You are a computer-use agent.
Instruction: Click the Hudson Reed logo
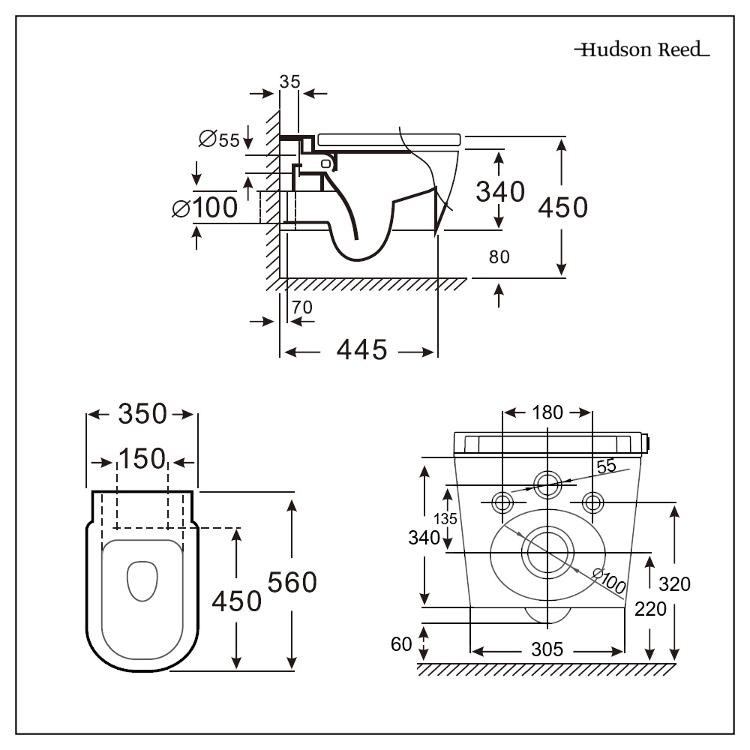[x=642, y=50]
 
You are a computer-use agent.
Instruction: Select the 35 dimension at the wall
[x=289, y=82]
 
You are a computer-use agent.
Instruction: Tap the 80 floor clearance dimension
[x=499, y=257]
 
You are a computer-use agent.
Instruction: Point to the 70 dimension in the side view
[x=302, y=307]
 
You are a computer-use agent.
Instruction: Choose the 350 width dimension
[x=142, y=414]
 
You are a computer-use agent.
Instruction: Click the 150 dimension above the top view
[x=142, y=458]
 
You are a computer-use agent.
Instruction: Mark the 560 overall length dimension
[x=292, y=582]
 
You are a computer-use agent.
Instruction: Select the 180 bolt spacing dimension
[x=547, y=412]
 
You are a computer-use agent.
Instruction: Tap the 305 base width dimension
[x=547, y=649]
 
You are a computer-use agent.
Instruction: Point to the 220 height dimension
[x=649, y=610]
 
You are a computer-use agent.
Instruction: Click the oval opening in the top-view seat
[x=142, y=581]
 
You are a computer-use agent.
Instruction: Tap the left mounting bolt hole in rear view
[x=502, y=501]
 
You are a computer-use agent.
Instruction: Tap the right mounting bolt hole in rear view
[x=593, y=501]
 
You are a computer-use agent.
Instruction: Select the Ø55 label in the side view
[x=219, y=139]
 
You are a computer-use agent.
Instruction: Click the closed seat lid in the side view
[x=388, y=139]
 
